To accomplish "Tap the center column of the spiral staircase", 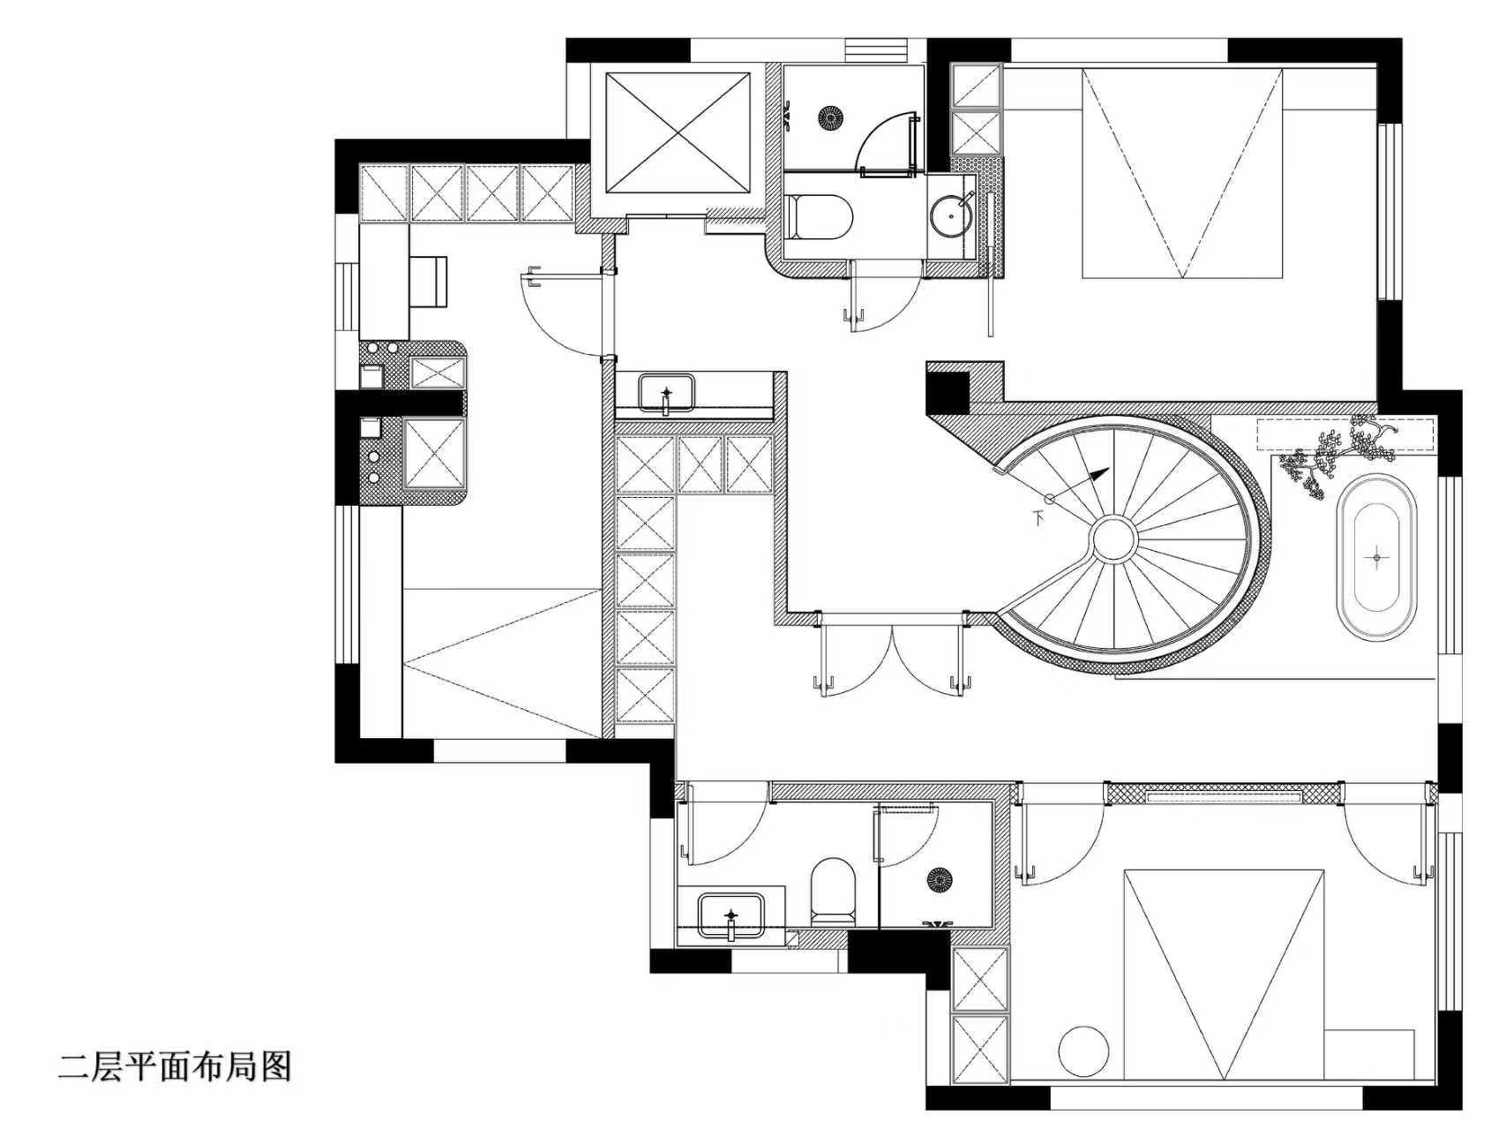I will pos(1113,537).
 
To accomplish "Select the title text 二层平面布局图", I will pos(175,1066).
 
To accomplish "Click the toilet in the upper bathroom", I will pos(820,217).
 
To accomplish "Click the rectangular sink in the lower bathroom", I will pos(731,915).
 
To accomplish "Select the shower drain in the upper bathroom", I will pos(830,117).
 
